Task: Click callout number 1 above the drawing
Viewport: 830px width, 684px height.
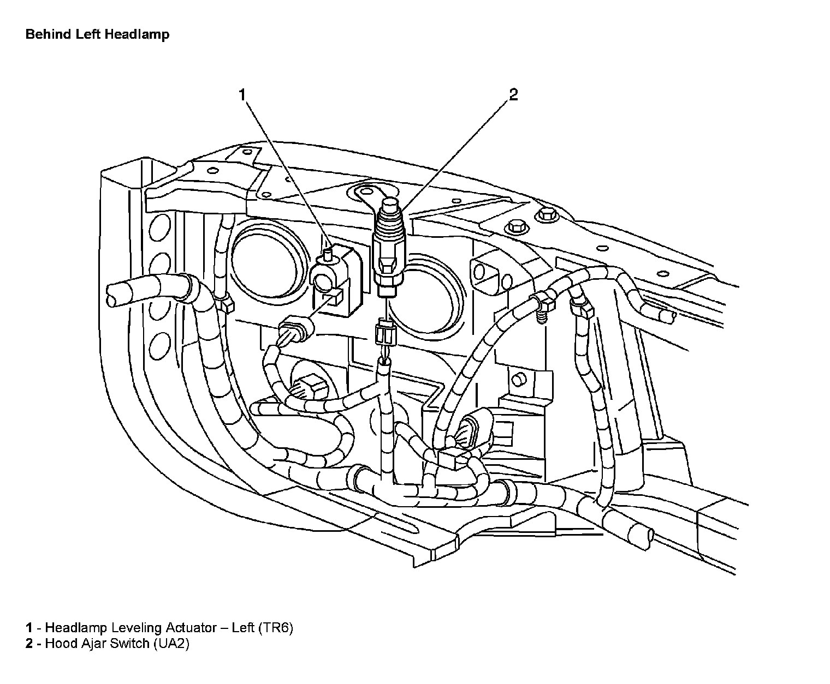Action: point(242,95)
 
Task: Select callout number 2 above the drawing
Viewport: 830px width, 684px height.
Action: point(513,95)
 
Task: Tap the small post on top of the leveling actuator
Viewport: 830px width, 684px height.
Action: point(328,253)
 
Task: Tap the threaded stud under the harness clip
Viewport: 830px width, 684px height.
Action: point(541,316)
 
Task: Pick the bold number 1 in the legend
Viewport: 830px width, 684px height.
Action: point(29,628)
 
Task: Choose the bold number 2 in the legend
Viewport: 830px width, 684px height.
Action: point(29,644)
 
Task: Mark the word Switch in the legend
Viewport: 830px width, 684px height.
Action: point(129,644)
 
